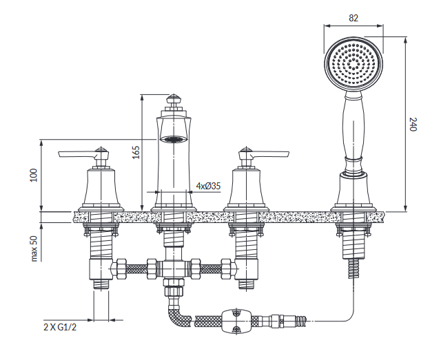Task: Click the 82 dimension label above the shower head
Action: [x=354, y=18]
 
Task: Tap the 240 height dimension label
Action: [x=413, y=125]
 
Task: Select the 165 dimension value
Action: [x=136, y=152]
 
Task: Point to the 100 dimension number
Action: [x=34, y=175]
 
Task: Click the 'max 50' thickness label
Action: [x=34, y=249]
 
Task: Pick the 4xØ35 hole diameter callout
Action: [x=208, y=186]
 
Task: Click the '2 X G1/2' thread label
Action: [x=60, y=327]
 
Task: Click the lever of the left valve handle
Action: [x=77, y=154]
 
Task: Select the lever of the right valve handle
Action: [x=270, y=154]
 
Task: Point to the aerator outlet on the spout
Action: [x=173, y=140]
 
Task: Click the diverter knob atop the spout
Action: [x=173, y=101]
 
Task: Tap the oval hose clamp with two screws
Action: [x=236, y=321]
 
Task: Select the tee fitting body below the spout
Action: [x=173, y=268]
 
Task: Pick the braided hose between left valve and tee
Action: [x=136, y=268]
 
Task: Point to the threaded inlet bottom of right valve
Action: [x=246, y=284]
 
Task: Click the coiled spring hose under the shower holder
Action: [x=354, y=268]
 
